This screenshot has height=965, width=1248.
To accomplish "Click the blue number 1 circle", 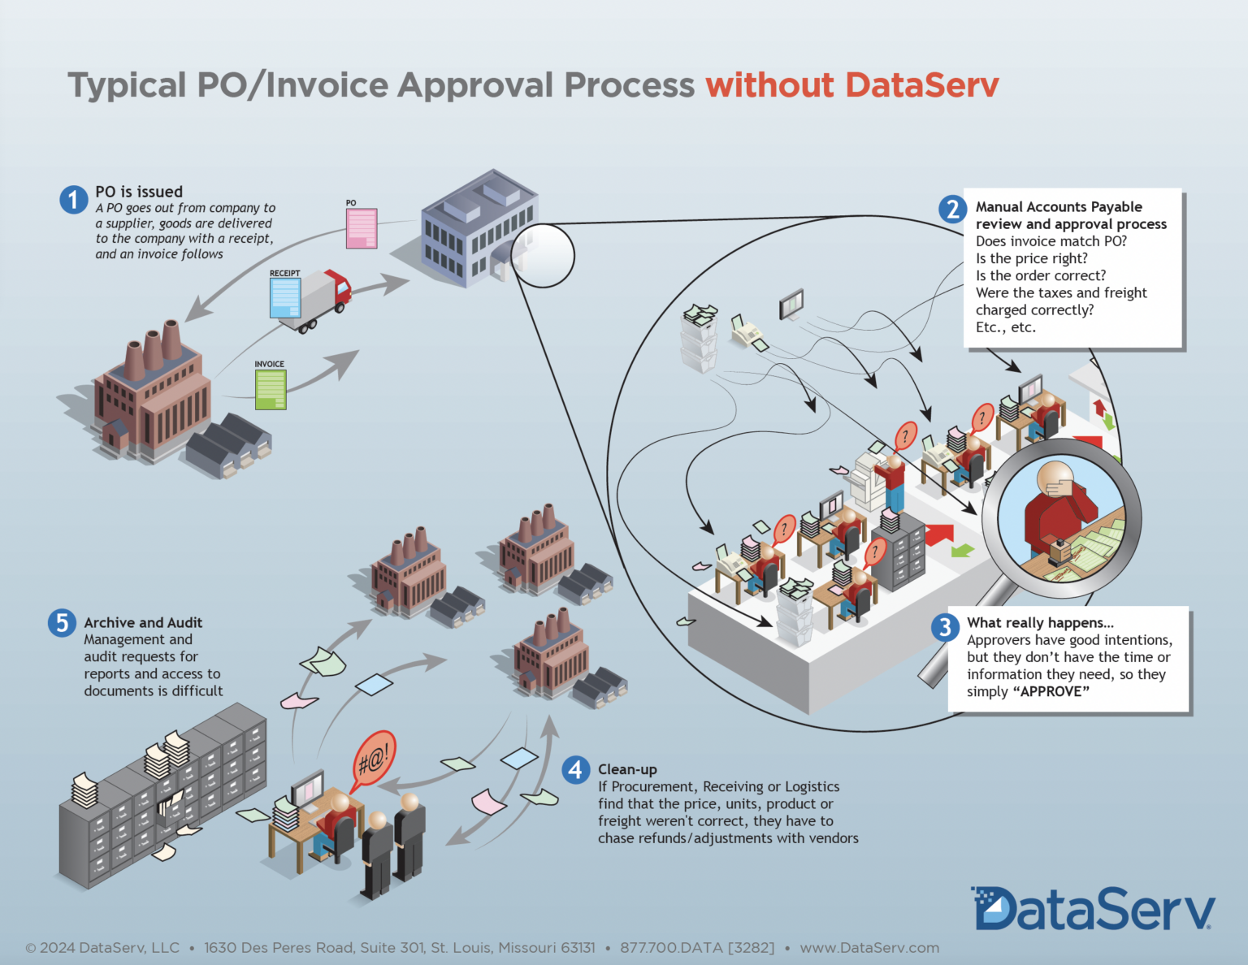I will pos(74,199).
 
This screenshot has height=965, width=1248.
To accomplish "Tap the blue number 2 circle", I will pos(952,209).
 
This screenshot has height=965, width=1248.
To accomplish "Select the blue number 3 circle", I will pos(944,627).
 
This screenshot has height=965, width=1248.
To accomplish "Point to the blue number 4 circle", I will pos(575,769).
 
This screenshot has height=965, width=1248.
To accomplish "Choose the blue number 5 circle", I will pos(62,623).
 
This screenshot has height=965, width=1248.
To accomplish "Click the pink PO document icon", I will pos(362,228).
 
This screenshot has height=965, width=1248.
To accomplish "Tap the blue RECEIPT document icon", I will pos(285,298).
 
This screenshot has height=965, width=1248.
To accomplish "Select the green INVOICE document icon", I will pos(271,389).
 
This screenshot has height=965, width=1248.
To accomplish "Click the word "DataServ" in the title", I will pos(921,85).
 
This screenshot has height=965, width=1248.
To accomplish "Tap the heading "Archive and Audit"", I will pos(143,623).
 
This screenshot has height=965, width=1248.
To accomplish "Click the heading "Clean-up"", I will pos(627,769).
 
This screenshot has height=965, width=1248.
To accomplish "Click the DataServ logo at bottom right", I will pos(1092,909).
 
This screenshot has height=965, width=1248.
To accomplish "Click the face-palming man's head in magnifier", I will pos(1056,480).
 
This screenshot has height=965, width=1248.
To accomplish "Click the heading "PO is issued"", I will pos(139,192).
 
